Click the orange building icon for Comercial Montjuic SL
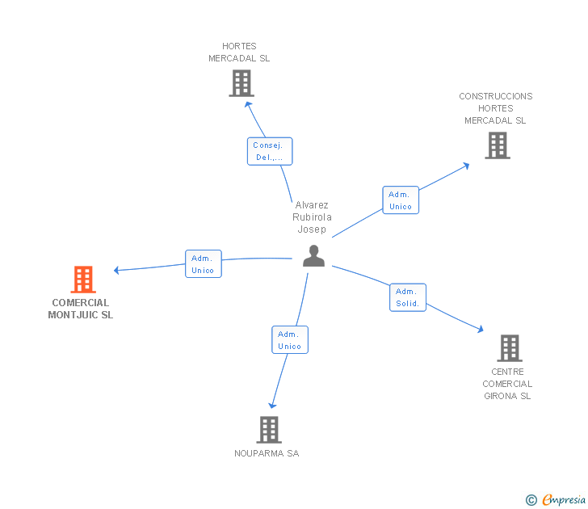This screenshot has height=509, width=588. coord(83,280)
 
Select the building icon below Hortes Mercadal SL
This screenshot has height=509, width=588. coord(241,83)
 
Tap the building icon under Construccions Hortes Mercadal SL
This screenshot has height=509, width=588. coord(497,145)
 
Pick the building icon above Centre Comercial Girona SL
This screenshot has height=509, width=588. coord(509,348)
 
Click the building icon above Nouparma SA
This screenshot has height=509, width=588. coord(269,430)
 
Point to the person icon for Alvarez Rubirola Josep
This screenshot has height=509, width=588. coord(313,256)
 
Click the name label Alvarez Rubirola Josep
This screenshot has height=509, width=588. coord(312,217)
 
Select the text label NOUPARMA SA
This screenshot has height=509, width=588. coord(267,453)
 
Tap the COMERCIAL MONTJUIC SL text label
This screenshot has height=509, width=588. coord(81,309)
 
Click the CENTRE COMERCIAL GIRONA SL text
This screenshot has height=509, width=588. coord(507,384)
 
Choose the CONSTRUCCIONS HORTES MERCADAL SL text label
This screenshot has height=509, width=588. coord(496,108)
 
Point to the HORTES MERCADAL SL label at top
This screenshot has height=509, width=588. coord(239,53)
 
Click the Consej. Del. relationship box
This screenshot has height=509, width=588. coord(269,151)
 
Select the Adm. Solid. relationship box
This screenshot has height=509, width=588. coord(407,297)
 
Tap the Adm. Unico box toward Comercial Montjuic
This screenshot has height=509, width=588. coord(203,264)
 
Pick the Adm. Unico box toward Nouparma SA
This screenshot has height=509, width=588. coord(289,340)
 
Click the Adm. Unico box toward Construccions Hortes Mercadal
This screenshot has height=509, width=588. coord(400,200)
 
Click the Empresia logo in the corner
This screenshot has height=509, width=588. coord(564,500)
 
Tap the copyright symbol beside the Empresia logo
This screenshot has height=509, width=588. coord(531,501)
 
